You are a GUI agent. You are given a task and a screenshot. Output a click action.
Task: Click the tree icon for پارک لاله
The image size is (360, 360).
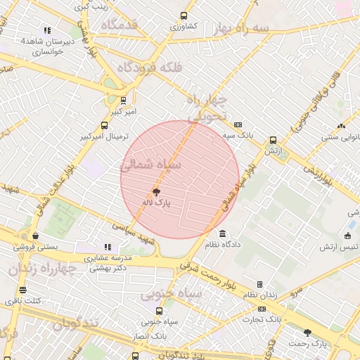point(155,191)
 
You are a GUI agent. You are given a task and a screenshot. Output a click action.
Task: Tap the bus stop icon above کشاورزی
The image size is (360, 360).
point(184,15)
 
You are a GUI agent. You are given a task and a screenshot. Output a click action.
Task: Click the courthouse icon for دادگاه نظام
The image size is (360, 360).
point(223,233)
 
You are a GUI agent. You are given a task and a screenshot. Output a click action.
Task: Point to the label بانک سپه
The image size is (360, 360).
point(238,134)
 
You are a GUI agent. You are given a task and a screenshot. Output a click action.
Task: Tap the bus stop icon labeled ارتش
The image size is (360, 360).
point(273,140)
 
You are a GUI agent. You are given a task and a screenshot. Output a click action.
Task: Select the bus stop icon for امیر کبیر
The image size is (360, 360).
point(123,101)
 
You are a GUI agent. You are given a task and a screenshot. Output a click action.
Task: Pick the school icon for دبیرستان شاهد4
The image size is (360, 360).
point(47,30)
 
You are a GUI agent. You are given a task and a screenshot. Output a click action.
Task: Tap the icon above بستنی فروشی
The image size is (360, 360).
point(34,236)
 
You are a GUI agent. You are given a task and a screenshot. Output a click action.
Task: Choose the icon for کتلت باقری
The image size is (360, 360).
point(23,290)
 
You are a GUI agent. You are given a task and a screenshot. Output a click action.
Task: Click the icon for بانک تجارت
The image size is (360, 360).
point(261,309)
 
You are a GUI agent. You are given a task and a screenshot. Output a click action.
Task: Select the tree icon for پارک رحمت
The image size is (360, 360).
point(307,332)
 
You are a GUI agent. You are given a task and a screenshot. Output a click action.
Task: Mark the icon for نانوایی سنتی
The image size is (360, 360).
point(341,126)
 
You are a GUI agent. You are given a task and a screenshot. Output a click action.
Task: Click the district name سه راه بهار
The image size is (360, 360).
point(242,28)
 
